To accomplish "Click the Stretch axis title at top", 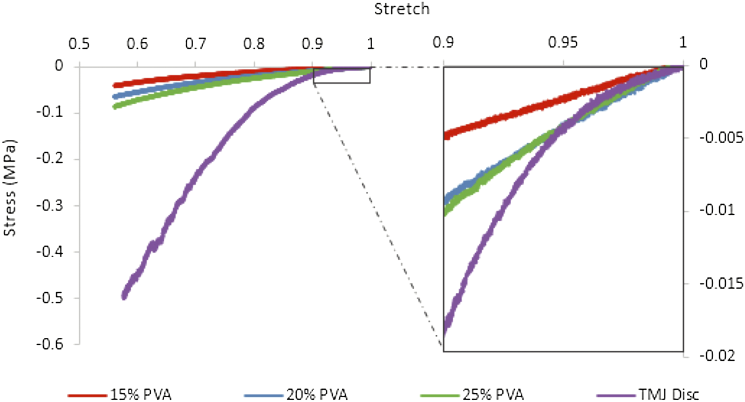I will click(402, 9).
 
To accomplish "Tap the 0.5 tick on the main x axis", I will click(78, 44).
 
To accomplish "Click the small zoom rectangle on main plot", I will click(341, 75).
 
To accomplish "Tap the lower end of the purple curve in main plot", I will click(124, 297).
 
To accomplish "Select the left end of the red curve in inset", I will click(446, 135).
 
